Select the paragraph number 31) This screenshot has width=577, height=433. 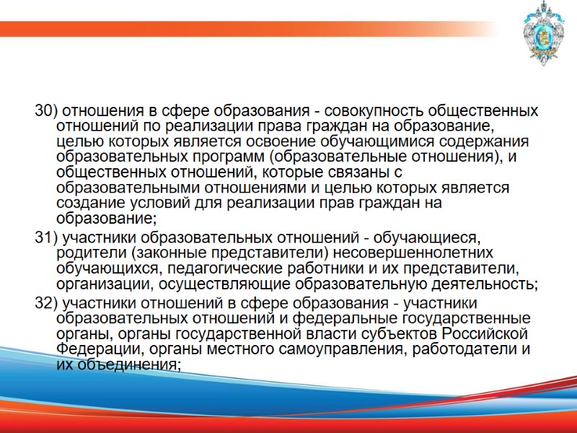[47, 237]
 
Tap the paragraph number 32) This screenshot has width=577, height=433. [47, 302]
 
